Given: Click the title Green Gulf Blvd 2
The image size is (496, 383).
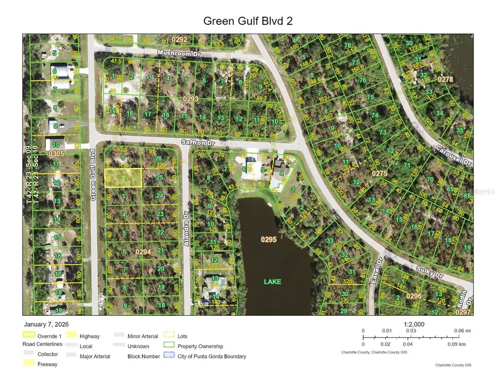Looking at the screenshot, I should click(x=247, y=21).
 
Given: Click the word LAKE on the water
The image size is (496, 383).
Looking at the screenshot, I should click(x=272, y=282).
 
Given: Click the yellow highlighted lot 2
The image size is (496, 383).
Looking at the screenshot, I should click(x=123, y=177).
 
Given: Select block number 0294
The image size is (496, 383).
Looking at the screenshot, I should click(x=143, y=251).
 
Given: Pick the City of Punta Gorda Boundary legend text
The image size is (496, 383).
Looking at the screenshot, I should click(x=212, y=357).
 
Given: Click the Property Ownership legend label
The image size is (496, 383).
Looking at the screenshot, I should click(x=200, y=346).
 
